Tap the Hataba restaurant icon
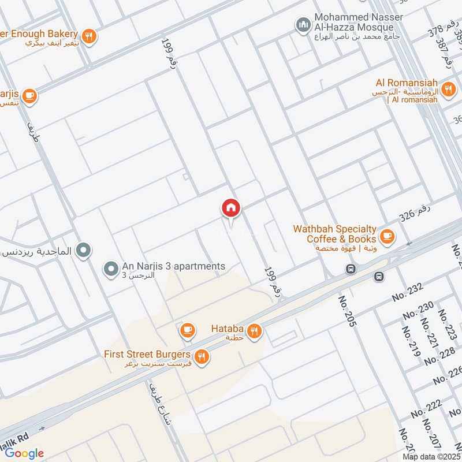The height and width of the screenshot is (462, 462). pos(254,331)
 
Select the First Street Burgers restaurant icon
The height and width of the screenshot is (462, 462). pos(202,357)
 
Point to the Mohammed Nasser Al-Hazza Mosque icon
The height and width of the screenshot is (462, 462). pos(303,25)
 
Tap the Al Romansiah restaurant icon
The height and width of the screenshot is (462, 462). pos(448,90)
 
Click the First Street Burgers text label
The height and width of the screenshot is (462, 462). pos(147,353)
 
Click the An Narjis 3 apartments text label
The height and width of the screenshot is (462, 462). pos(173,266)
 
